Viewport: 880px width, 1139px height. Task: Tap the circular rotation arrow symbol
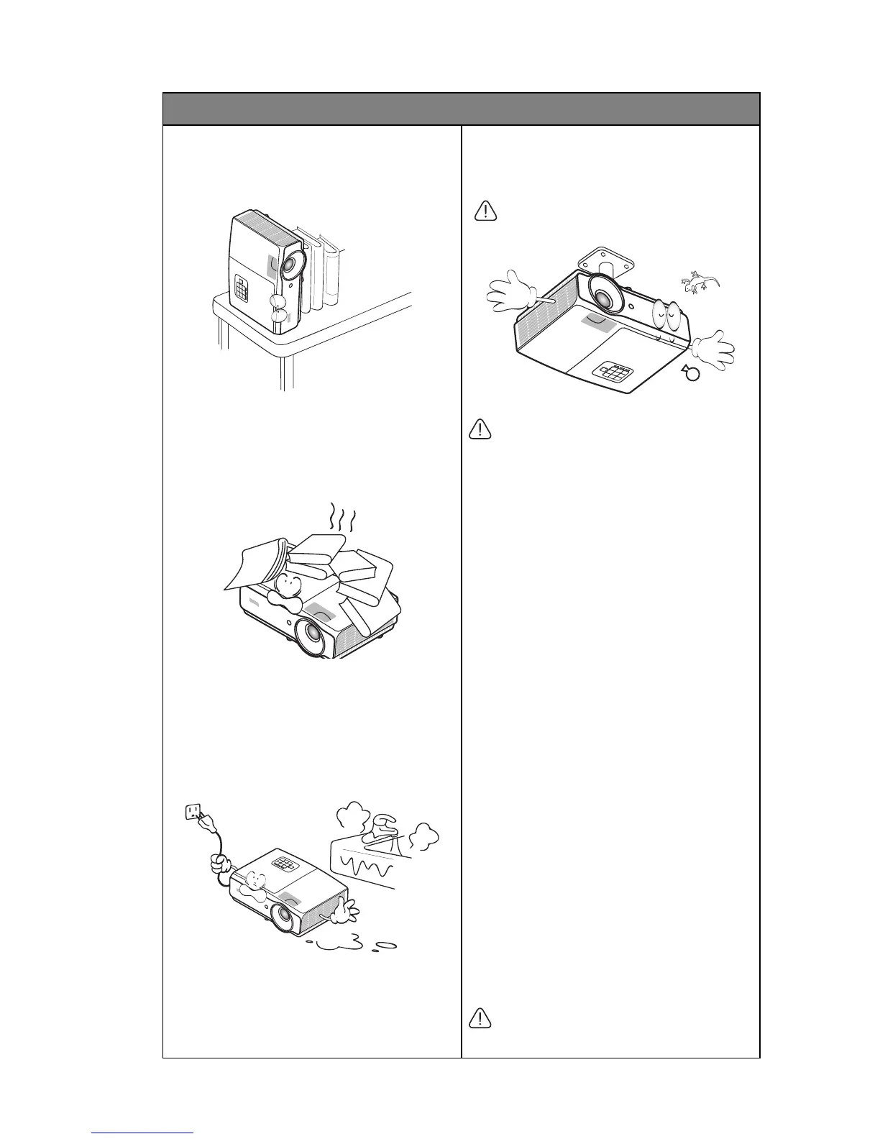690,374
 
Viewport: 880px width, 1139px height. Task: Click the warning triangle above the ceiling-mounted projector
487,210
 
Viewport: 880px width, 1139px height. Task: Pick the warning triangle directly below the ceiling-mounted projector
478,430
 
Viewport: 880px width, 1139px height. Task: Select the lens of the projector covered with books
314,633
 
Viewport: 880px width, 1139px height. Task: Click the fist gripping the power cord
219,861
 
